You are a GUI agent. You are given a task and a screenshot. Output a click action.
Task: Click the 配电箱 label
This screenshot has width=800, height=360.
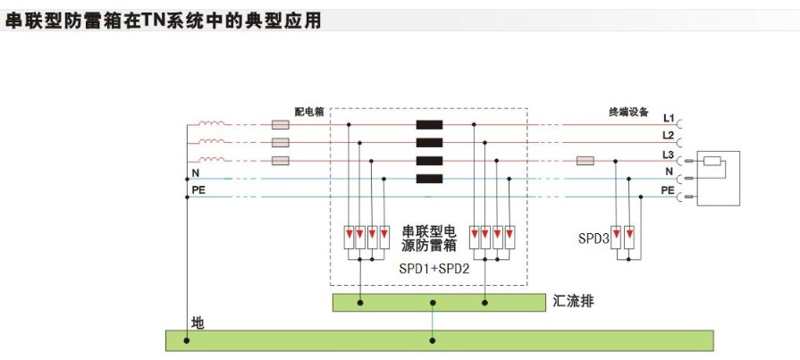click(309, 112)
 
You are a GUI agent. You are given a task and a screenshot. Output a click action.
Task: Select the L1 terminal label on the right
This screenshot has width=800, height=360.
click(668, 118)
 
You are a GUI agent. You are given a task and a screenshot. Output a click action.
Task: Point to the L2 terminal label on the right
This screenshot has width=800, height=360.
click(668, 136)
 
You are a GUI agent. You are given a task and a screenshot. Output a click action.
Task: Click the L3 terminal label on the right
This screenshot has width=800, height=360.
click(668, 155)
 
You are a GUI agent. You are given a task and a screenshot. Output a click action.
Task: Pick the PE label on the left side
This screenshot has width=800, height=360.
click(198, 190)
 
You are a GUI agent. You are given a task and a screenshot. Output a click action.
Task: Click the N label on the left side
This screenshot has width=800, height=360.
click(195, 172)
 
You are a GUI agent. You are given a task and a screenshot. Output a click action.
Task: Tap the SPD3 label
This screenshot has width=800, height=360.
click(594, 239)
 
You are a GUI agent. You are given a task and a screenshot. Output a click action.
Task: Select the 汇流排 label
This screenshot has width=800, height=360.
click(573, 302)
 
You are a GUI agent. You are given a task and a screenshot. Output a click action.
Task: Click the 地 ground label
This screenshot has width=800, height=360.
click(198, 322)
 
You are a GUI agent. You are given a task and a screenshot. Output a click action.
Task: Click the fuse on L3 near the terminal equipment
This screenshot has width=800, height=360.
click(586, 162)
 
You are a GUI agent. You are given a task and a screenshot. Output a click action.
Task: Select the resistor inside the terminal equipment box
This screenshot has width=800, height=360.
click(712, 162)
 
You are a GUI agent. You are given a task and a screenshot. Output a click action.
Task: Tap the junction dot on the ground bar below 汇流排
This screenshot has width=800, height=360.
click(434, 340)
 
